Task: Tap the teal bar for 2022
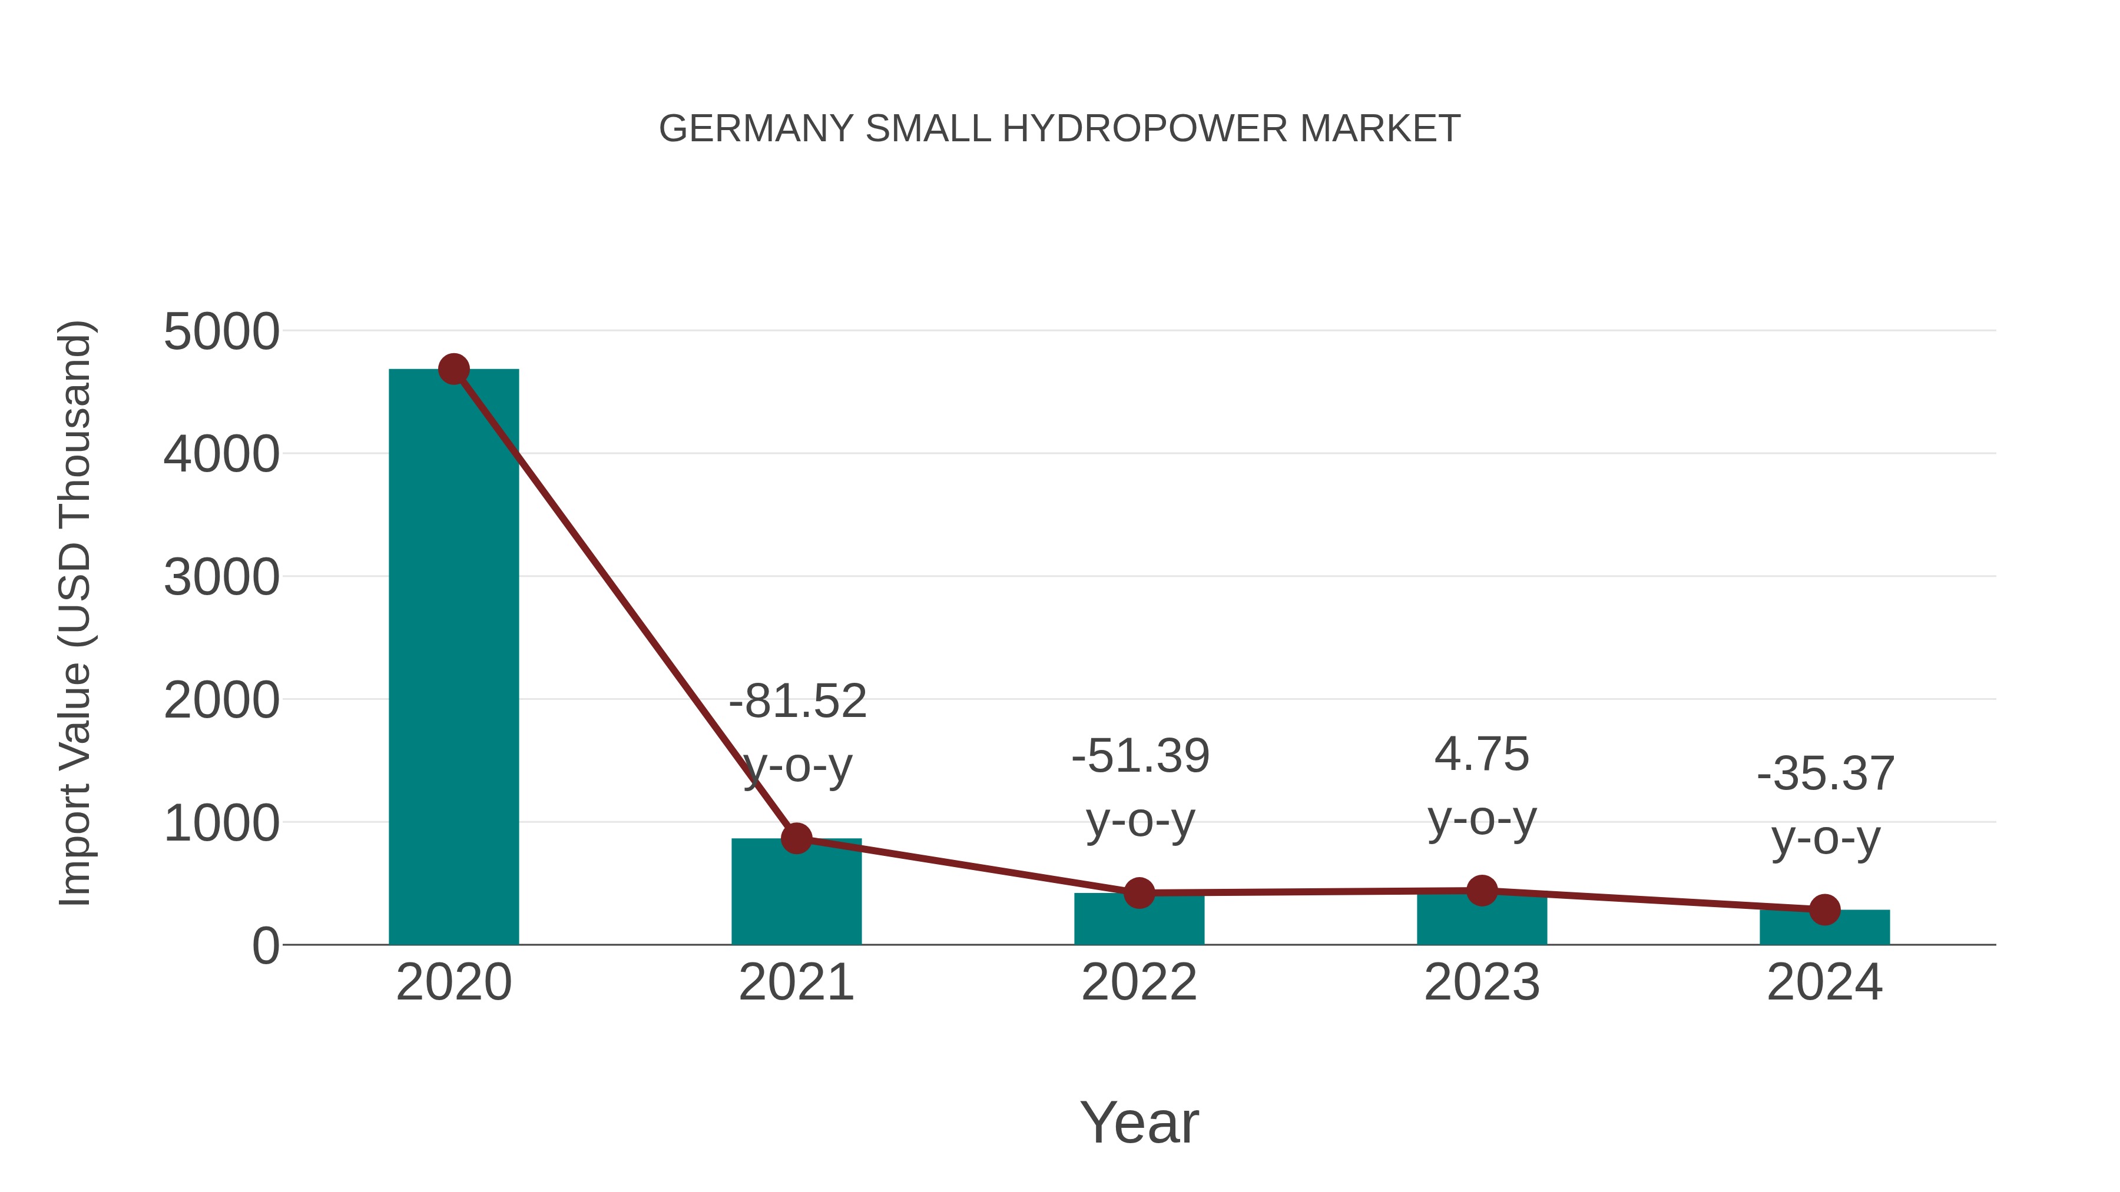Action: click(1139, 921)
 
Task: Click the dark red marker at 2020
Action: click(453, 369)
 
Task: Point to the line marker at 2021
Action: click(796, 838)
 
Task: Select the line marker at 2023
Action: click(1482, 890)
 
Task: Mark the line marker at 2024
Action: click(1824, 910)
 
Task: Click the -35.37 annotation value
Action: click(1826, 774)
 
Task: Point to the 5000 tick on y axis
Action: click(221, 333)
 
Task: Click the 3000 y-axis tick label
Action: click(221, 577)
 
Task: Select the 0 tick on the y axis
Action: click(265, 946)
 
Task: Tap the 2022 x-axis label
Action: click(1139, 982)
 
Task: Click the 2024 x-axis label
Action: click(1824, 982)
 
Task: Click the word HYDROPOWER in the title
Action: click(1145, 129)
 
